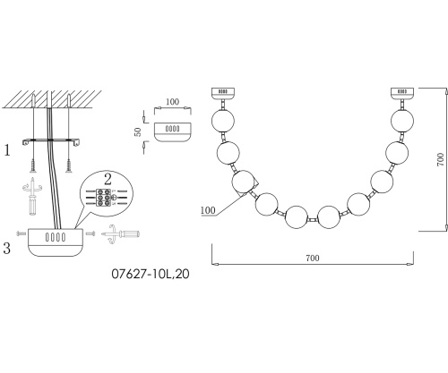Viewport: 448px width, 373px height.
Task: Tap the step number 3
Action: pos(8,247)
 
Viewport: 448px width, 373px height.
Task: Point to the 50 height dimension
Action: pos(137,131)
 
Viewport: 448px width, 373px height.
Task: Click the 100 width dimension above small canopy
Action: pos(172,103)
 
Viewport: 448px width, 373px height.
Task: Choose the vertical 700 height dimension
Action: pos(440,160)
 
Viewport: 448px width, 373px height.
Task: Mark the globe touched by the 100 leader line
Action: pos(244,182)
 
